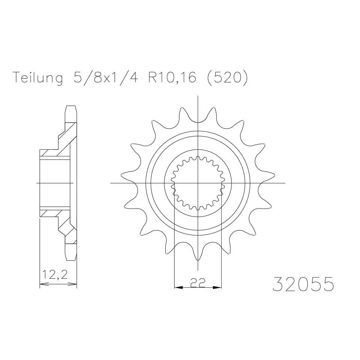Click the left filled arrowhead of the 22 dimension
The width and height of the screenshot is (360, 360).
(x=178, y=288)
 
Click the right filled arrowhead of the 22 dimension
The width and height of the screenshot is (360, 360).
(x=218, y=288)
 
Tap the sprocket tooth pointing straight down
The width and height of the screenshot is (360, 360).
(x=198, y=262)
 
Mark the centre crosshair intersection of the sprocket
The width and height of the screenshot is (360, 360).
(x=198, y=183)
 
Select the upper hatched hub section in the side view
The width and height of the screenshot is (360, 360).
(x=56, y=152)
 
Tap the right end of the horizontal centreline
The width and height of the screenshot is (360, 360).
(x=285, y=183)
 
